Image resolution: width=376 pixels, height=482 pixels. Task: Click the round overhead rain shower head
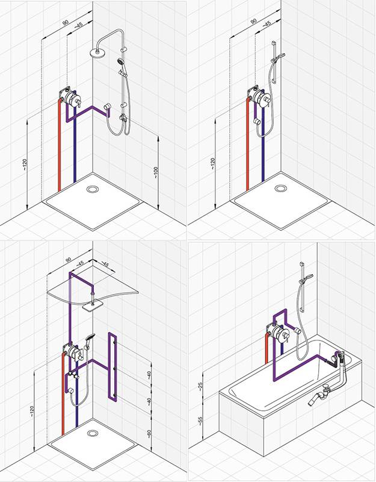click(x=96, y=51)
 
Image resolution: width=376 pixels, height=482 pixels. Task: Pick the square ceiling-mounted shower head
click(x=90, y=305)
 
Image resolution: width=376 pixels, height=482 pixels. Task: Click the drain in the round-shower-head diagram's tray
click(x=93, y=189)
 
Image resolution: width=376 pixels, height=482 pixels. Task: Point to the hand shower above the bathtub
click(x=306, y=277)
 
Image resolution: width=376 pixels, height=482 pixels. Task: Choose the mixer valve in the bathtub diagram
click(x=279, y=334)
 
